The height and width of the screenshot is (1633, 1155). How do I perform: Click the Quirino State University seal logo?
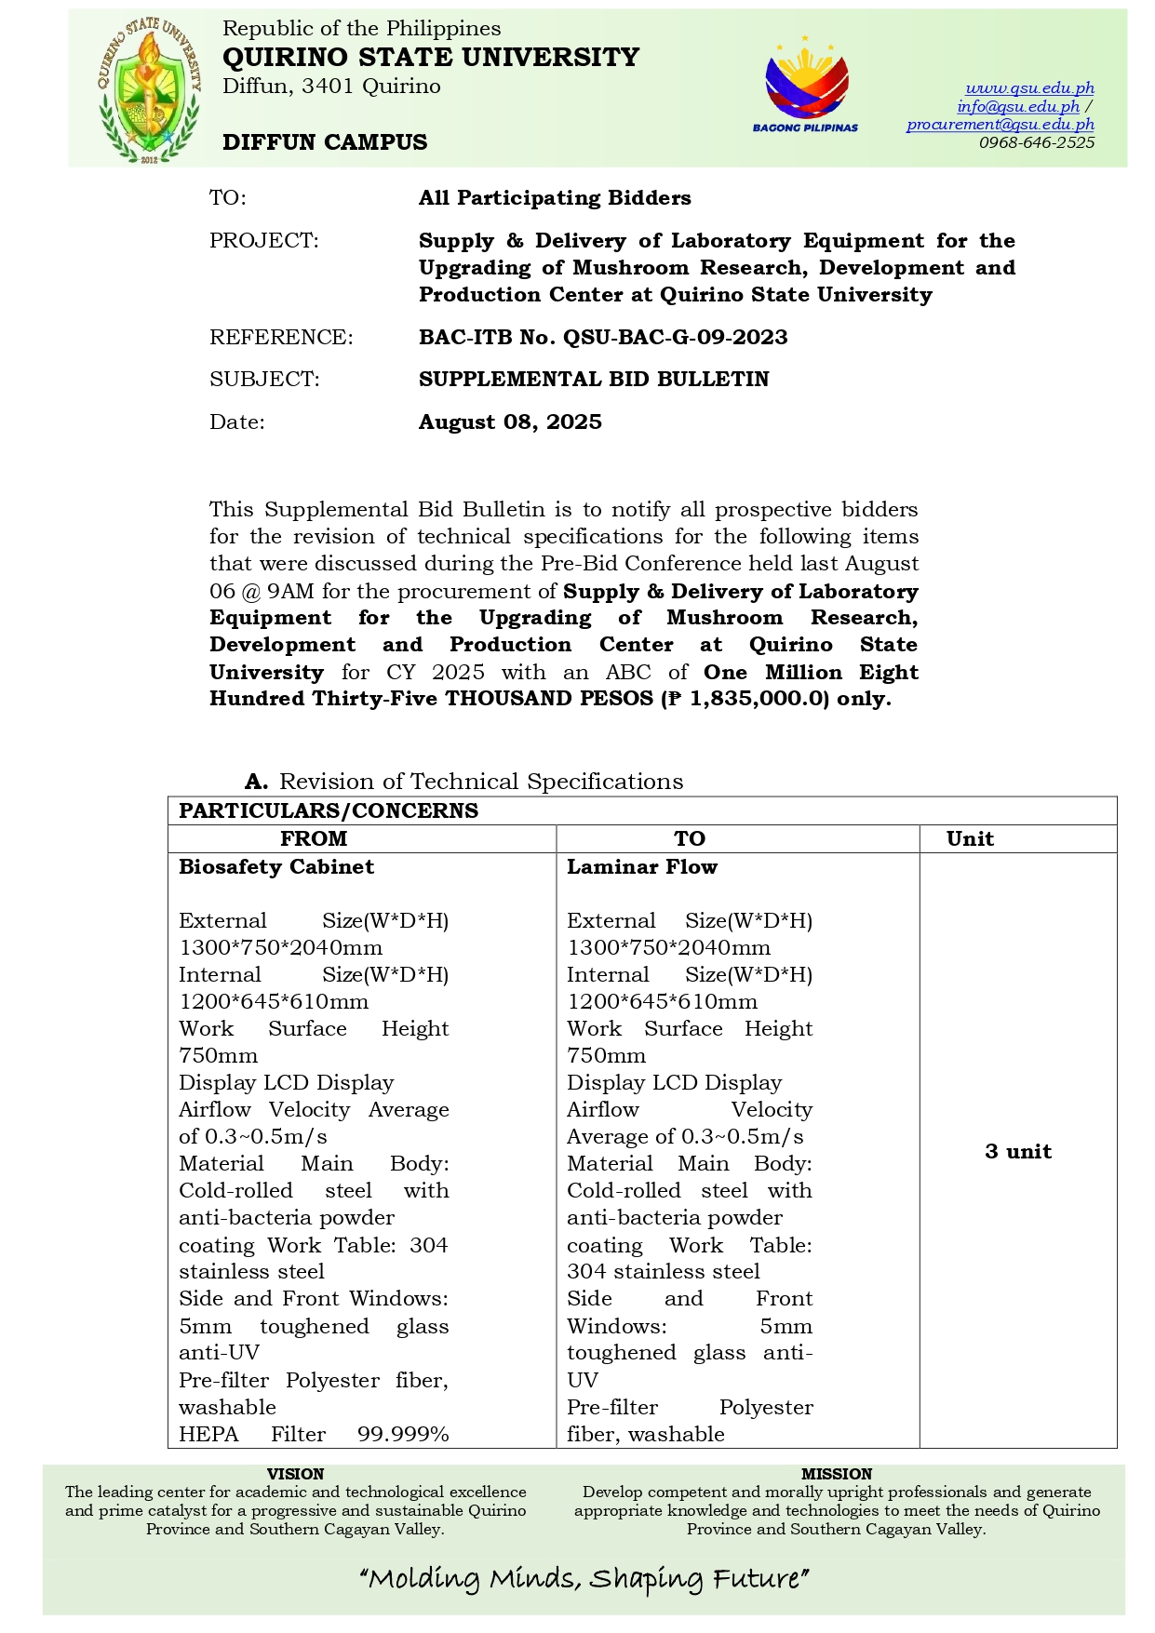149,89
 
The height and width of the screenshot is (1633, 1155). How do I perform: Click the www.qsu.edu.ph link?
1029,88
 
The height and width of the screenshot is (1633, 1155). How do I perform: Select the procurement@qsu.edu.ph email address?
1001,125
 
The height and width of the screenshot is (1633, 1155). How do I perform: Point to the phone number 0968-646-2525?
1036,142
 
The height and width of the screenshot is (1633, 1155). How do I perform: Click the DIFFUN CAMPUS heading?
325,142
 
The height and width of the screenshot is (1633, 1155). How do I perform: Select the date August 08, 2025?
510,422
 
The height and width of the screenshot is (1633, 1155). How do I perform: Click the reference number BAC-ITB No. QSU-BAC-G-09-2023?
603,338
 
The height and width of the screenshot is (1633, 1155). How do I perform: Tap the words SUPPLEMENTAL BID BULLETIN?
594,380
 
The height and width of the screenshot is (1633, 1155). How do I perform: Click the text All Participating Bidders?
555,198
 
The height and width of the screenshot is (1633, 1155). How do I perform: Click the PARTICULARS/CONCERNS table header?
329,810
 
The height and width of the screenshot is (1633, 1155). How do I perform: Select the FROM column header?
314,838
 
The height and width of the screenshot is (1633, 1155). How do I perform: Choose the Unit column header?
970,838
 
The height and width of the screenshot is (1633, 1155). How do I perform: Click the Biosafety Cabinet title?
276,867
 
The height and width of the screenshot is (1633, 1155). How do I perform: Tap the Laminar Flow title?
642,867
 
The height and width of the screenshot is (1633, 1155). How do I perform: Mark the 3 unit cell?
1018,1152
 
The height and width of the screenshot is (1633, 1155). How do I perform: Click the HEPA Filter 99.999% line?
314,1434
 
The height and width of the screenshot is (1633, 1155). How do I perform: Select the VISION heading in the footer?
295,1474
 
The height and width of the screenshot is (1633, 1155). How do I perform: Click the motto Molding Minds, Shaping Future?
584,1579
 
